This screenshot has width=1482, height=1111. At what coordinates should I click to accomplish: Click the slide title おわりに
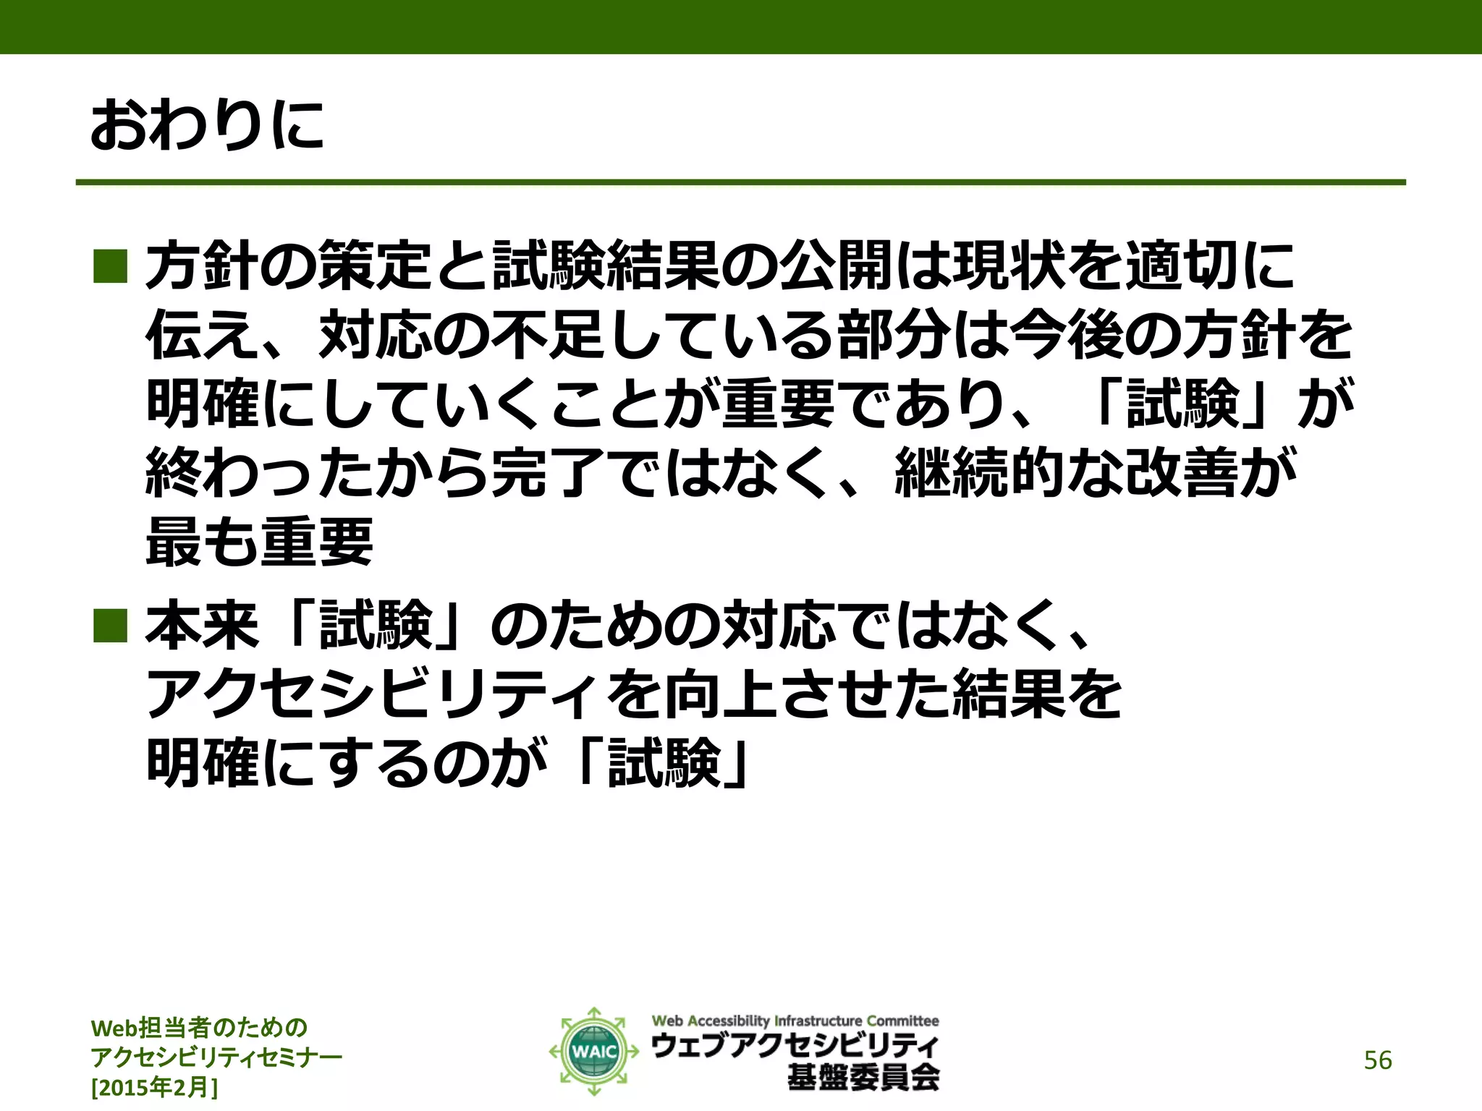point(207,126)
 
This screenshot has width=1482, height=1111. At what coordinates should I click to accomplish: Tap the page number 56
point(1377,1060)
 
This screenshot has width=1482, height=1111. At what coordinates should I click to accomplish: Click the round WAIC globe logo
point(593,1051)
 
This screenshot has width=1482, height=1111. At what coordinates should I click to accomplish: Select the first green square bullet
point(110,265)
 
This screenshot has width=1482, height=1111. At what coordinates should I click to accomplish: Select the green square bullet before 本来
point(110,625)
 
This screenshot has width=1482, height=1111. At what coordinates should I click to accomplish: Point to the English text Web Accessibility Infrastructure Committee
point(795,1021)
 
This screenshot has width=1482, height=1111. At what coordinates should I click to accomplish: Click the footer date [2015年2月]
point(154,1087)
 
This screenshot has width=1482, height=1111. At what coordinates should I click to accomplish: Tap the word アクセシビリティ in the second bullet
point(373,694)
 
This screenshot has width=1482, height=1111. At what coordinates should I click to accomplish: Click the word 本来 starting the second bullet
point(202,625)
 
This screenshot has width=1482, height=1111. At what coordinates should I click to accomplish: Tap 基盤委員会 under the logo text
point(863,1078)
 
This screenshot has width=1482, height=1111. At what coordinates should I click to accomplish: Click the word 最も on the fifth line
point(202,542)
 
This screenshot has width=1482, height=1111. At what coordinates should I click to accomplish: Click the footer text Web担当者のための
point(200,1028)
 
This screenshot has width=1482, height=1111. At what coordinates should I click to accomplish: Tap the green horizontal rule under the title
point(740,182)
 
